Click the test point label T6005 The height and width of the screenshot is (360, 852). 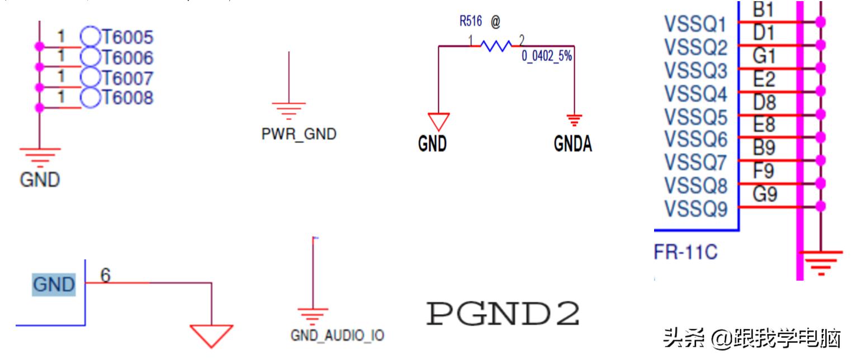[x=127, y=37]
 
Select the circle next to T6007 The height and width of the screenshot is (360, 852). [x=89, y=77]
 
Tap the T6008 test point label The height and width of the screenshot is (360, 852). [x=127, y=98]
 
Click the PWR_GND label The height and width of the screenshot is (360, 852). [x=299, y=134]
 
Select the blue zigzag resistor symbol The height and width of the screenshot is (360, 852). [x=495, y=46]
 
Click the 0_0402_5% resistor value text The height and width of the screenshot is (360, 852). [x=547, y=56]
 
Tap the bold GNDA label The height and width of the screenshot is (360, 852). [x=572, y=144]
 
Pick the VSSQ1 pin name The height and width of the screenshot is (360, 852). [x=695, y=25]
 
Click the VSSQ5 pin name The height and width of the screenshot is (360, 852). [x=695, y=117]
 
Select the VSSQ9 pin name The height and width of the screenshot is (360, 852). [x=695, y=209]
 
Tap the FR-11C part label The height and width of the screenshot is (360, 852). [x=685, y=253]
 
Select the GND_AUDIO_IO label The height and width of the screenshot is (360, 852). [x=337, y=335]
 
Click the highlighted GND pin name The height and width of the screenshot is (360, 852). [x=54, y=285]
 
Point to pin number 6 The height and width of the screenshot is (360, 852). [x=106, y=275]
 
